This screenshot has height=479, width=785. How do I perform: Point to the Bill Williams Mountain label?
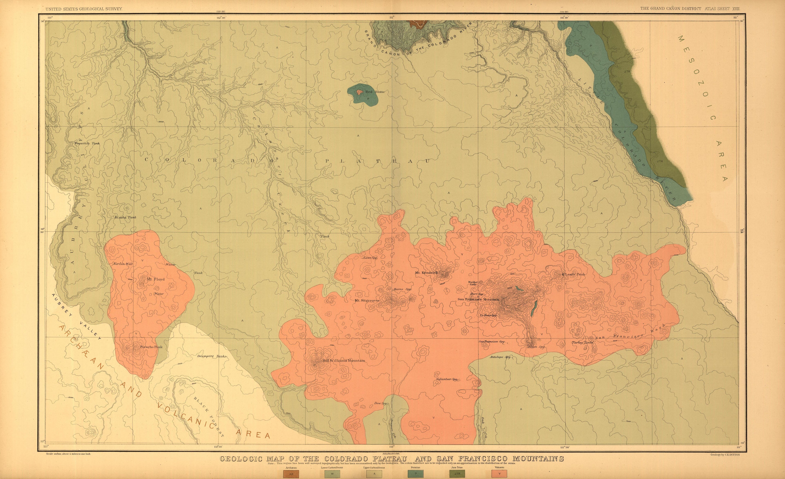pyautogui.click(x=344, y=361)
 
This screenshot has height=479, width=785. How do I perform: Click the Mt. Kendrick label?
pyautogui.click(x=427, y=273)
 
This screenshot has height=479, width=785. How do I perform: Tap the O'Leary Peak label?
pyautogui.click(x=573, y=274)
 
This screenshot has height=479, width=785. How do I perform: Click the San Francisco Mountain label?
pyautogui.click(x=478, y=299)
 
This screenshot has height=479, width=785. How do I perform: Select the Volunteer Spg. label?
pyautogui.click(x=447, y=379)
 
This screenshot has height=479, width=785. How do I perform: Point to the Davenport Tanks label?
pyautogui.click(x=212, y=356)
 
